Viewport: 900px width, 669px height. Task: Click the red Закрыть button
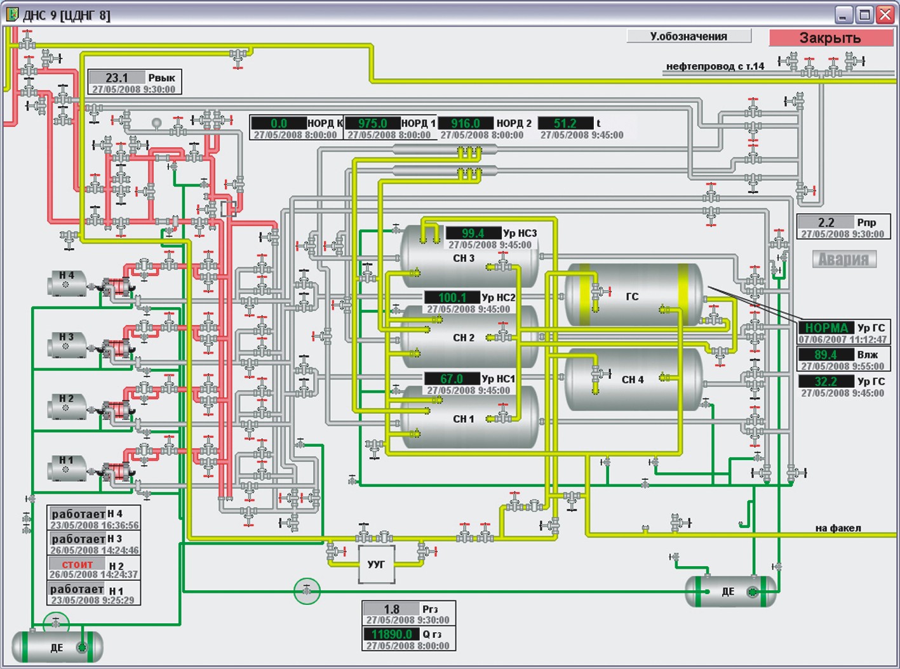pyautogui.click(x=831, y=37)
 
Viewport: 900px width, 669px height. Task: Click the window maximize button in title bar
pyautogui.click(x=864, y=15)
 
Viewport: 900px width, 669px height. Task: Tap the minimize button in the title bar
pyautogui.click(x=844, y=15)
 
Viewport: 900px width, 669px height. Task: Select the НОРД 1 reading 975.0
pyautogui.click(x=372, y=123)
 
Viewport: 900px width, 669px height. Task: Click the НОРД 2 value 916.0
pyautogui.click(x=466, y=123)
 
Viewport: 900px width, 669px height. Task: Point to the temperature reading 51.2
pyautogui.click(x=565, y=123)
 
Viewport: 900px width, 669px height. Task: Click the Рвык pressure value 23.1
pyautogui.click(x=117, y=77)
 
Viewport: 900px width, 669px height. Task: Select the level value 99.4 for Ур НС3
pyautogui.click(x=473, y=233)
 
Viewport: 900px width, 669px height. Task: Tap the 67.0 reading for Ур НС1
pyautogui.click(x=452, y=379)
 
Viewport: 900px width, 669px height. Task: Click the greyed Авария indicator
pyautogui.click(x=844, y=259)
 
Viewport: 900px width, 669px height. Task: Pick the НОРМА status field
pyautogui.click(x=826, y=328)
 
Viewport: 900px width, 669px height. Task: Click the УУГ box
pyautogui.click(x=376, y=564)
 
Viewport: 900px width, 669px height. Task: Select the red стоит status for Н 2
pyautogui.click(x=77, y=564)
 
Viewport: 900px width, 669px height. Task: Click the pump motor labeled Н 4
pyautogui.click(x=67, y=284)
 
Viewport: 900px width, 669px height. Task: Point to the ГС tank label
pyautogui.click(x=632, y=297)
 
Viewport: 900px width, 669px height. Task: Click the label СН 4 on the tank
pyautogui.click(x=633, y=380)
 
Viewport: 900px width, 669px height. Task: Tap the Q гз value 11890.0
pyautogui.click(x=392, y=634)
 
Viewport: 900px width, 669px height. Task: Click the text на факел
pyautogui.click(x=838, y=528)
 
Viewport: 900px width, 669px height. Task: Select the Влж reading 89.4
pyautogui.click(x=826, y=354)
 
